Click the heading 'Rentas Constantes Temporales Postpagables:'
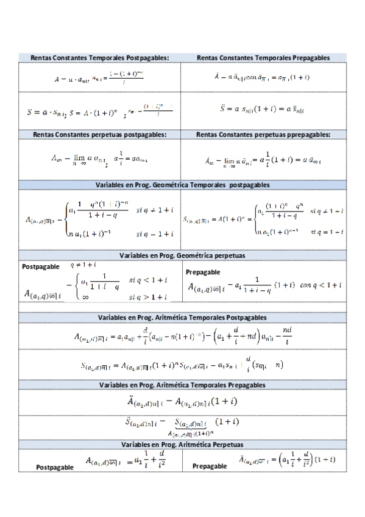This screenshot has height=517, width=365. click(x=100, y=57)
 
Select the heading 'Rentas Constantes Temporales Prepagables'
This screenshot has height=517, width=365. click(x=263, y=57)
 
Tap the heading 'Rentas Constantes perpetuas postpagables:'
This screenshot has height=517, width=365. click(x=100, y=134)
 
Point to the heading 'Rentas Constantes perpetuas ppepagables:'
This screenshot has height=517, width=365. click(x=263, y=134)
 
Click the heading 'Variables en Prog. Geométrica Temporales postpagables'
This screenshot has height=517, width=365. click(x=183, y=184)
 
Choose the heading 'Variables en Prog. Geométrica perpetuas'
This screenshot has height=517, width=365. click(x=183, y=255)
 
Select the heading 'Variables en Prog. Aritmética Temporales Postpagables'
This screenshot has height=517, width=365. click(x=183, y=317)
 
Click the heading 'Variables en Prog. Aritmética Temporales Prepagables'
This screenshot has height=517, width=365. click(x=183, y=385)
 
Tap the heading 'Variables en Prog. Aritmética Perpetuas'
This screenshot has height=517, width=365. click(x=183, y=445)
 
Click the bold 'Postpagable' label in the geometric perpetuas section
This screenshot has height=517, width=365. click(x=41, y=266)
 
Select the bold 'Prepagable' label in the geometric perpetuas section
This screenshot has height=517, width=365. click(x=203, y=272)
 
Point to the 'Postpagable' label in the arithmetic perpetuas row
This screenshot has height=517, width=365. click(x=55, y=467)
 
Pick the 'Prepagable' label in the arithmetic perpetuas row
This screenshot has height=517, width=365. click(x=210, y=466)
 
